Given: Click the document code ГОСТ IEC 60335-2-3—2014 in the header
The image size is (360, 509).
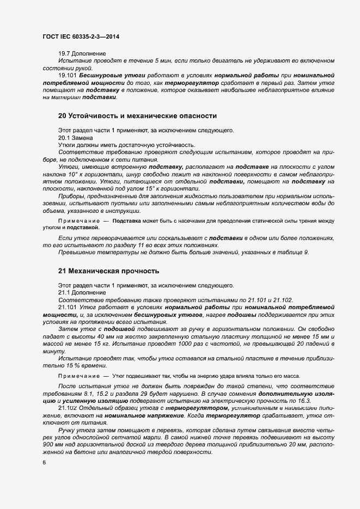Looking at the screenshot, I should click(81, 37).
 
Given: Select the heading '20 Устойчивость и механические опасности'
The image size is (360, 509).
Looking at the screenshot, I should click(137, 116).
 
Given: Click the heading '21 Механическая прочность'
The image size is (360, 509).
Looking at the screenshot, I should click(108, 271).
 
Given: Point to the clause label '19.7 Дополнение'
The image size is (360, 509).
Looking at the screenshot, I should click(82, 53).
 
